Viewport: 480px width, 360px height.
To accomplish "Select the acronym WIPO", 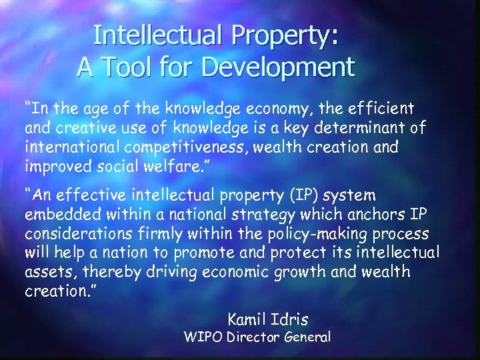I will tap(203, 337).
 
